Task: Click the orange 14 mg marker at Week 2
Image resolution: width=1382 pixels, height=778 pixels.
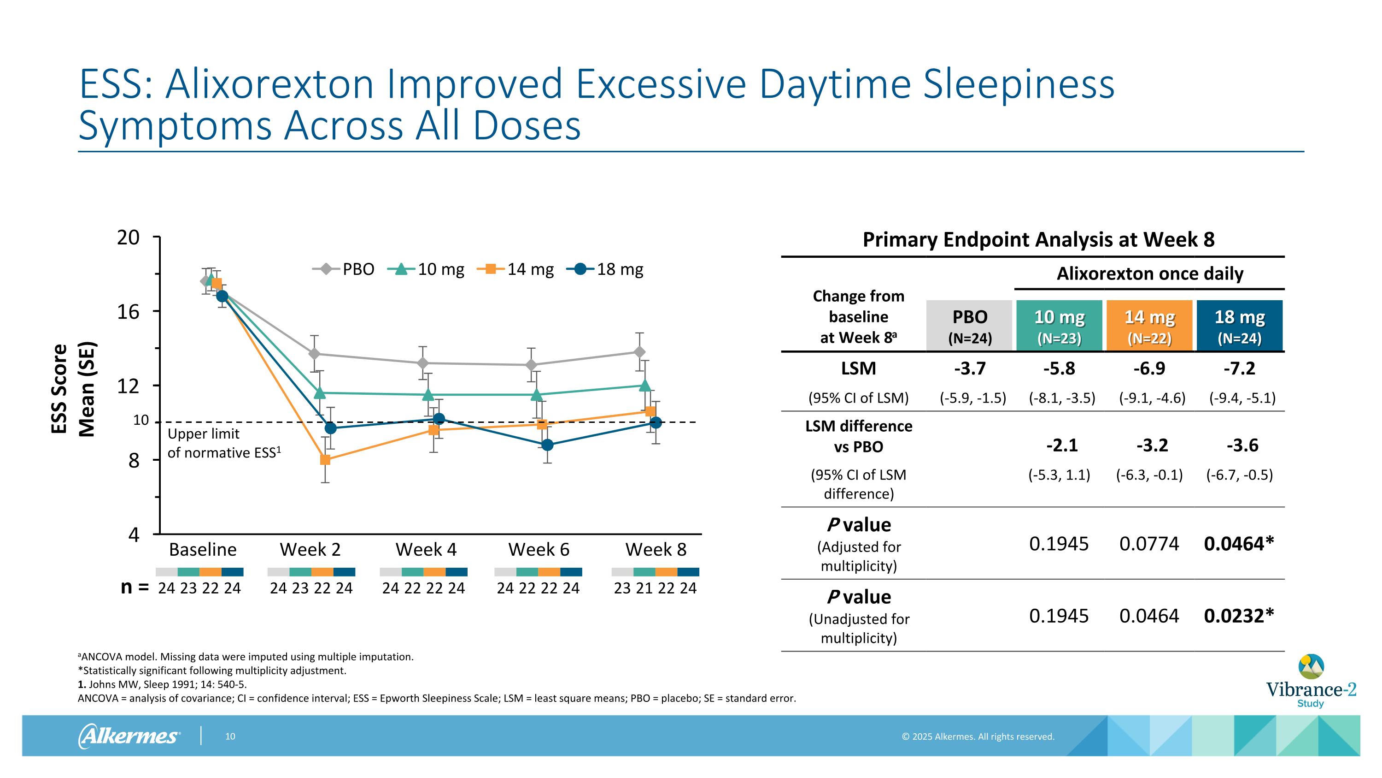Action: click(325, 460)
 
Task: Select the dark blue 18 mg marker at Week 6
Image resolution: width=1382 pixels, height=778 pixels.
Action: click(547, 445)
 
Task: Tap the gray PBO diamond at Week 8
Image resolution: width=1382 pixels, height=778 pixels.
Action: click(639, 352)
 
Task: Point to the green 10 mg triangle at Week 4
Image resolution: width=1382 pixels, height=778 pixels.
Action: click(428, 395)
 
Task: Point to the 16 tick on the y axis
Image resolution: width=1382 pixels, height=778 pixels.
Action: click(129, 311)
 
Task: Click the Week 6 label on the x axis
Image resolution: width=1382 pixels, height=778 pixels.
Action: click(539, 549)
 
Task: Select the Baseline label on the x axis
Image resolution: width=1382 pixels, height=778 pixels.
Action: click(203, 549)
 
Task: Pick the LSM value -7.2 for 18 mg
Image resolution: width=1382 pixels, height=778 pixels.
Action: click(1239, 369)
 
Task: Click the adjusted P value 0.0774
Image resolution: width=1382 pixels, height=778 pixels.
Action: click(1149, 544)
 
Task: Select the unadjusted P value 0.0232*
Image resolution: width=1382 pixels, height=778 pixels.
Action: click(1238, 616)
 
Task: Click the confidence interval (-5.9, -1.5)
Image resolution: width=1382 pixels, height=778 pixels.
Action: click(972, 398)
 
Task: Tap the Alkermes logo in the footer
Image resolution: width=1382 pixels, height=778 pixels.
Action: click(129, 736)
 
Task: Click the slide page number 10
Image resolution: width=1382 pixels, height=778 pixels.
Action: click(230, 736)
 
